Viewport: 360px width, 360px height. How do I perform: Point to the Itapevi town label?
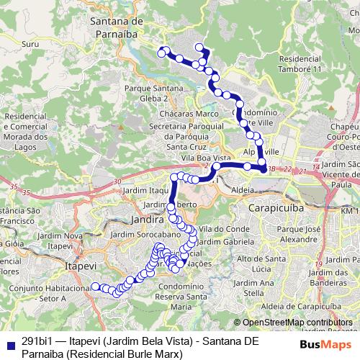(x=81, y=266)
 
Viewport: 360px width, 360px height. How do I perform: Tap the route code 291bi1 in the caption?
(x=36, y=341)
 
